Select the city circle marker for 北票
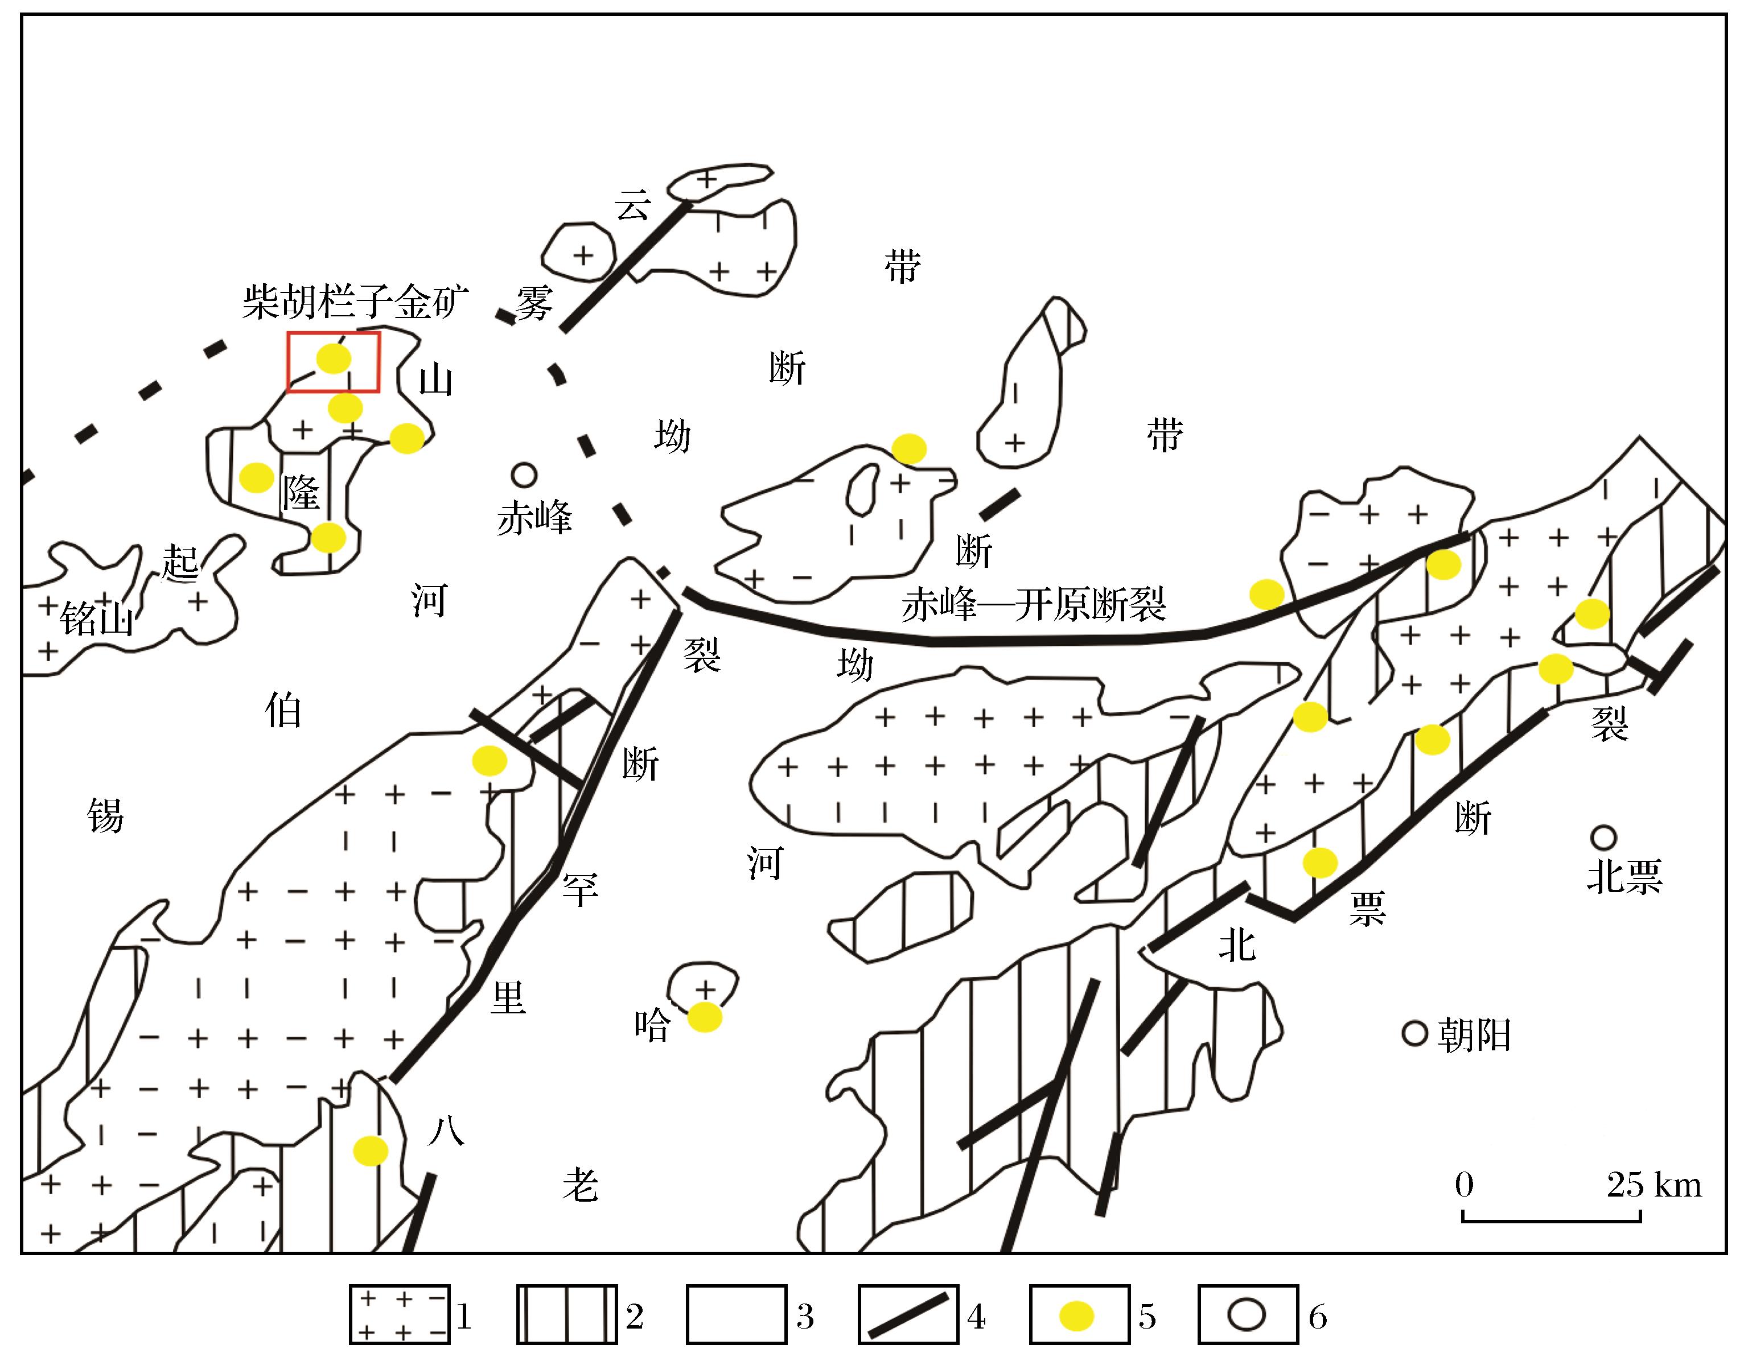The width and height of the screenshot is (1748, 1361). [x=1603, y=838]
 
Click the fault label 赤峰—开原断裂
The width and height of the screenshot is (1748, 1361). [x=1033, y=604]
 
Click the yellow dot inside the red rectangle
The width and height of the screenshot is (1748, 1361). [x=333, y=359]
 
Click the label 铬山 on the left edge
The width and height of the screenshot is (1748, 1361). [x=97, y=618]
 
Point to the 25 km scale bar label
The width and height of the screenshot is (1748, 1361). [x=1654, y=1185]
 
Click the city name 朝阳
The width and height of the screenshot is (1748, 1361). [x=1474, y=1036]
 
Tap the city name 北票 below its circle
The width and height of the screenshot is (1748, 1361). [x=1624, y=877]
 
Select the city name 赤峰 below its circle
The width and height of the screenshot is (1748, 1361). [x=534, y=518]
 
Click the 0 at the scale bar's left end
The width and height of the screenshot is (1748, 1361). [x=1465, y=1185]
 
